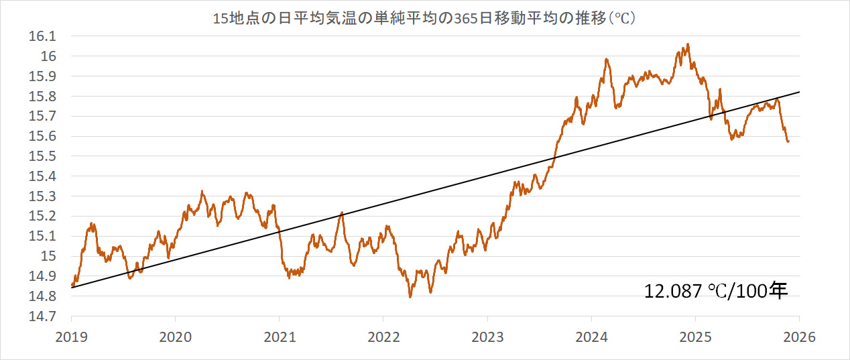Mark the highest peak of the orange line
(688, 44)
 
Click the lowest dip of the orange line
(410, 296)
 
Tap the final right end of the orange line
(788, 141)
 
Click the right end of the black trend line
(799, 92)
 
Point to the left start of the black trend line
(72, 288)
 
